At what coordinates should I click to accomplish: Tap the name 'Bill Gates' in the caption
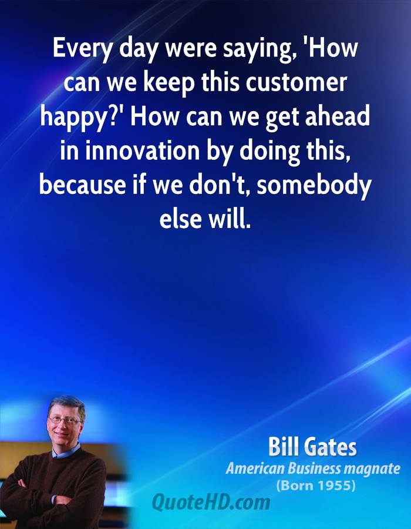pyautogui.click(x=312, y=447)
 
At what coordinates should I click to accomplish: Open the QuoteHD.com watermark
pyautogui.click(x=211, y=502)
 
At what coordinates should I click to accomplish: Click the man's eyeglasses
pyautogui.click(x=65, y=420)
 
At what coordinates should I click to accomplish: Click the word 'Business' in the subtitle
pyautogui.click(x=312, y=468)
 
